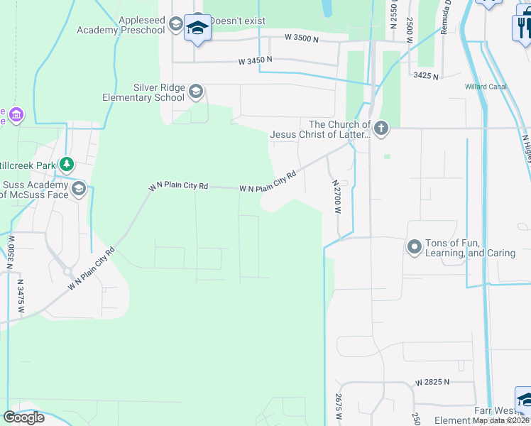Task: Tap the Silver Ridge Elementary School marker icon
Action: coord(196,92)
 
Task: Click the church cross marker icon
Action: coord(381,129)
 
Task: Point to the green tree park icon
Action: coord(67,165)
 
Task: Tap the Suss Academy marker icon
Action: coord(78,188)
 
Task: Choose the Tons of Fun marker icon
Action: coord(414,246)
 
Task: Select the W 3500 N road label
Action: coord(305,36)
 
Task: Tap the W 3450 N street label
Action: coord(255,61)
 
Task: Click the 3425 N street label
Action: coord(425,75)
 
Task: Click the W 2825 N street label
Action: coord(433,382)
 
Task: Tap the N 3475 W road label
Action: coord(21,296)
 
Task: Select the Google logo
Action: coord(23,417)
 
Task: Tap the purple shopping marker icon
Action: coord(17,114)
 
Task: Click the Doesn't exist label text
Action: coord(234,21)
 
